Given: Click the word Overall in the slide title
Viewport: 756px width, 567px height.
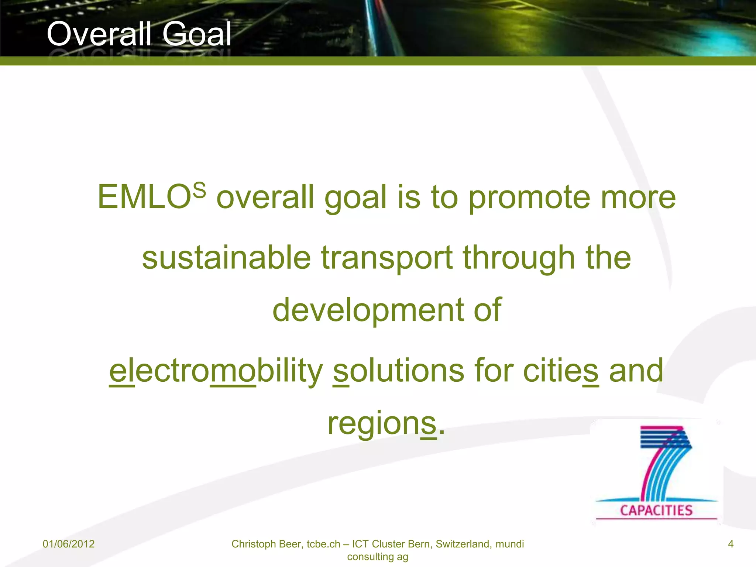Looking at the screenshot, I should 99,34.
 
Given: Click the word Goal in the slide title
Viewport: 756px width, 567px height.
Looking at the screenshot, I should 196,34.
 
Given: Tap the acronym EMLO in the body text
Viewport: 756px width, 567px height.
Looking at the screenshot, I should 144,197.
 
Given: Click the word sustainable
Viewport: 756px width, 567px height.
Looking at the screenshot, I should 226,258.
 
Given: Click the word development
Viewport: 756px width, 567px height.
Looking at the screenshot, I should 368,310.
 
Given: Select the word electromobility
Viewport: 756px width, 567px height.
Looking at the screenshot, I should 216,371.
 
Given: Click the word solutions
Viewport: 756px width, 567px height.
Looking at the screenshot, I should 399,371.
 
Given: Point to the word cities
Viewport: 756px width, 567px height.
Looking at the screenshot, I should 561,371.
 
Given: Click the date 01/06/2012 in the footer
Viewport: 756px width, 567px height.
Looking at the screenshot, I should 69,544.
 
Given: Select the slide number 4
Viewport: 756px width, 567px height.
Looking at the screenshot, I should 731,544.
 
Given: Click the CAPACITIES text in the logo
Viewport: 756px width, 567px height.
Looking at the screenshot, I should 656,511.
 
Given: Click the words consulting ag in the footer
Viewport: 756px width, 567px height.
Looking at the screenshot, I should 378,557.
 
